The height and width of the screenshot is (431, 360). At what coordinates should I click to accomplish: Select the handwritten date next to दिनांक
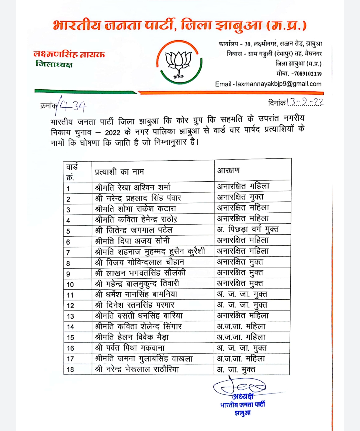305,102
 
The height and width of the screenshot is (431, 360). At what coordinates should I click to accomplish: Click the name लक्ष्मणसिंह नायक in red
69,54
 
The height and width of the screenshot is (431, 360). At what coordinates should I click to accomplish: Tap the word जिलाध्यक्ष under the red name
54,64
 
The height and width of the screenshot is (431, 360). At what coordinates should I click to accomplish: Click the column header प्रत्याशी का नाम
119,172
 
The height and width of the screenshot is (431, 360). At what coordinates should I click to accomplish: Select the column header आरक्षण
228,171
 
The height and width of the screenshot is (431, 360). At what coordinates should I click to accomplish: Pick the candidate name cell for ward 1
133,187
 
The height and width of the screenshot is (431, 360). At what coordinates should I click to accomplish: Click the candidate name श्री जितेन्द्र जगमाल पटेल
134,230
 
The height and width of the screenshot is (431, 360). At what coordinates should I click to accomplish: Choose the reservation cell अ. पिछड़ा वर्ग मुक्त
248,229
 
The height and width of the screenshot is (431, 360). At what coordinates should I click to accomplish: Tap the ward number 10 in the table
70,284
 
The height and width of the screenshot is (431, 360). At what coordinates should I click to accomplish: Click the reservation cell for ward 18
236,369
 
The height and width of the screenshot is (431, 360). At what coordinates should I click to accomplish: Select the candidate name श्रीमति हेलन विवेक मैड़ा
132,337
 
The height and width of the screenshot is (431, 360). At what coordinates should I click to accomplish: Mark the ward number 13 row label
70,316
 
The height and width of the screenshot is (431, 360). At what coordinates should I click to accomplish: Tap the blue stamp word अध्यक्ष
243,396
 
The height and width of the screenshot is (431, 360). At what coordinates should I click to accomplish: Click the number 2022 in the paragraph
112,132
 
